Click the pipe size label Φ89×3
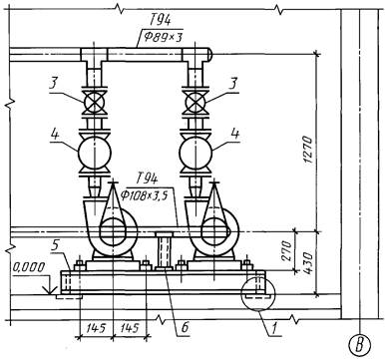[163, 37]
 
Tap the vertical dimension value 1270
[308, 149]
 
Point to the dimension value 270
[288, 250]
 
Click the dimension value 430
[308, 263]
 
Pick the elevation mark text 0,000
[29, 267]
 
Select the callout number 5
[55, 246]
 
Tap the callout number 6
[185, 327]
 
